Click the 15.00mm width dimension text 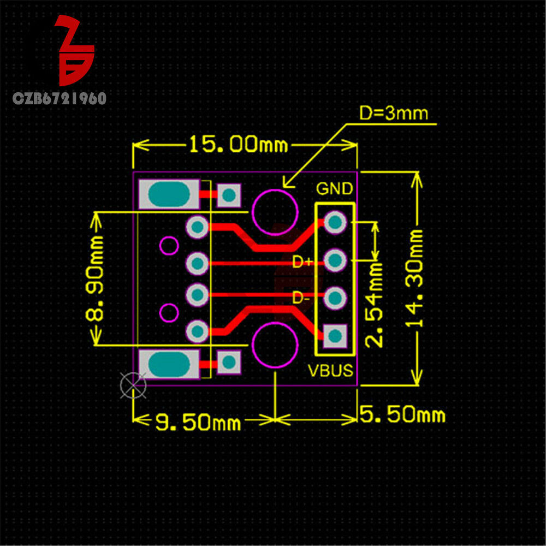point(238,145)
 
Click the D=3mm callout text point(393,114)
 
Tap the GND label point(334,189)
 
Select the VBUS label point(331,371)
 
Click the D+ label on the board point(301,263)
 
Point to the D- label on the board point(301,298)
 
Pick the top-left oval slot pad point(169,194)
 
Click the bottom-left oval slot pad point(169,363)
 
